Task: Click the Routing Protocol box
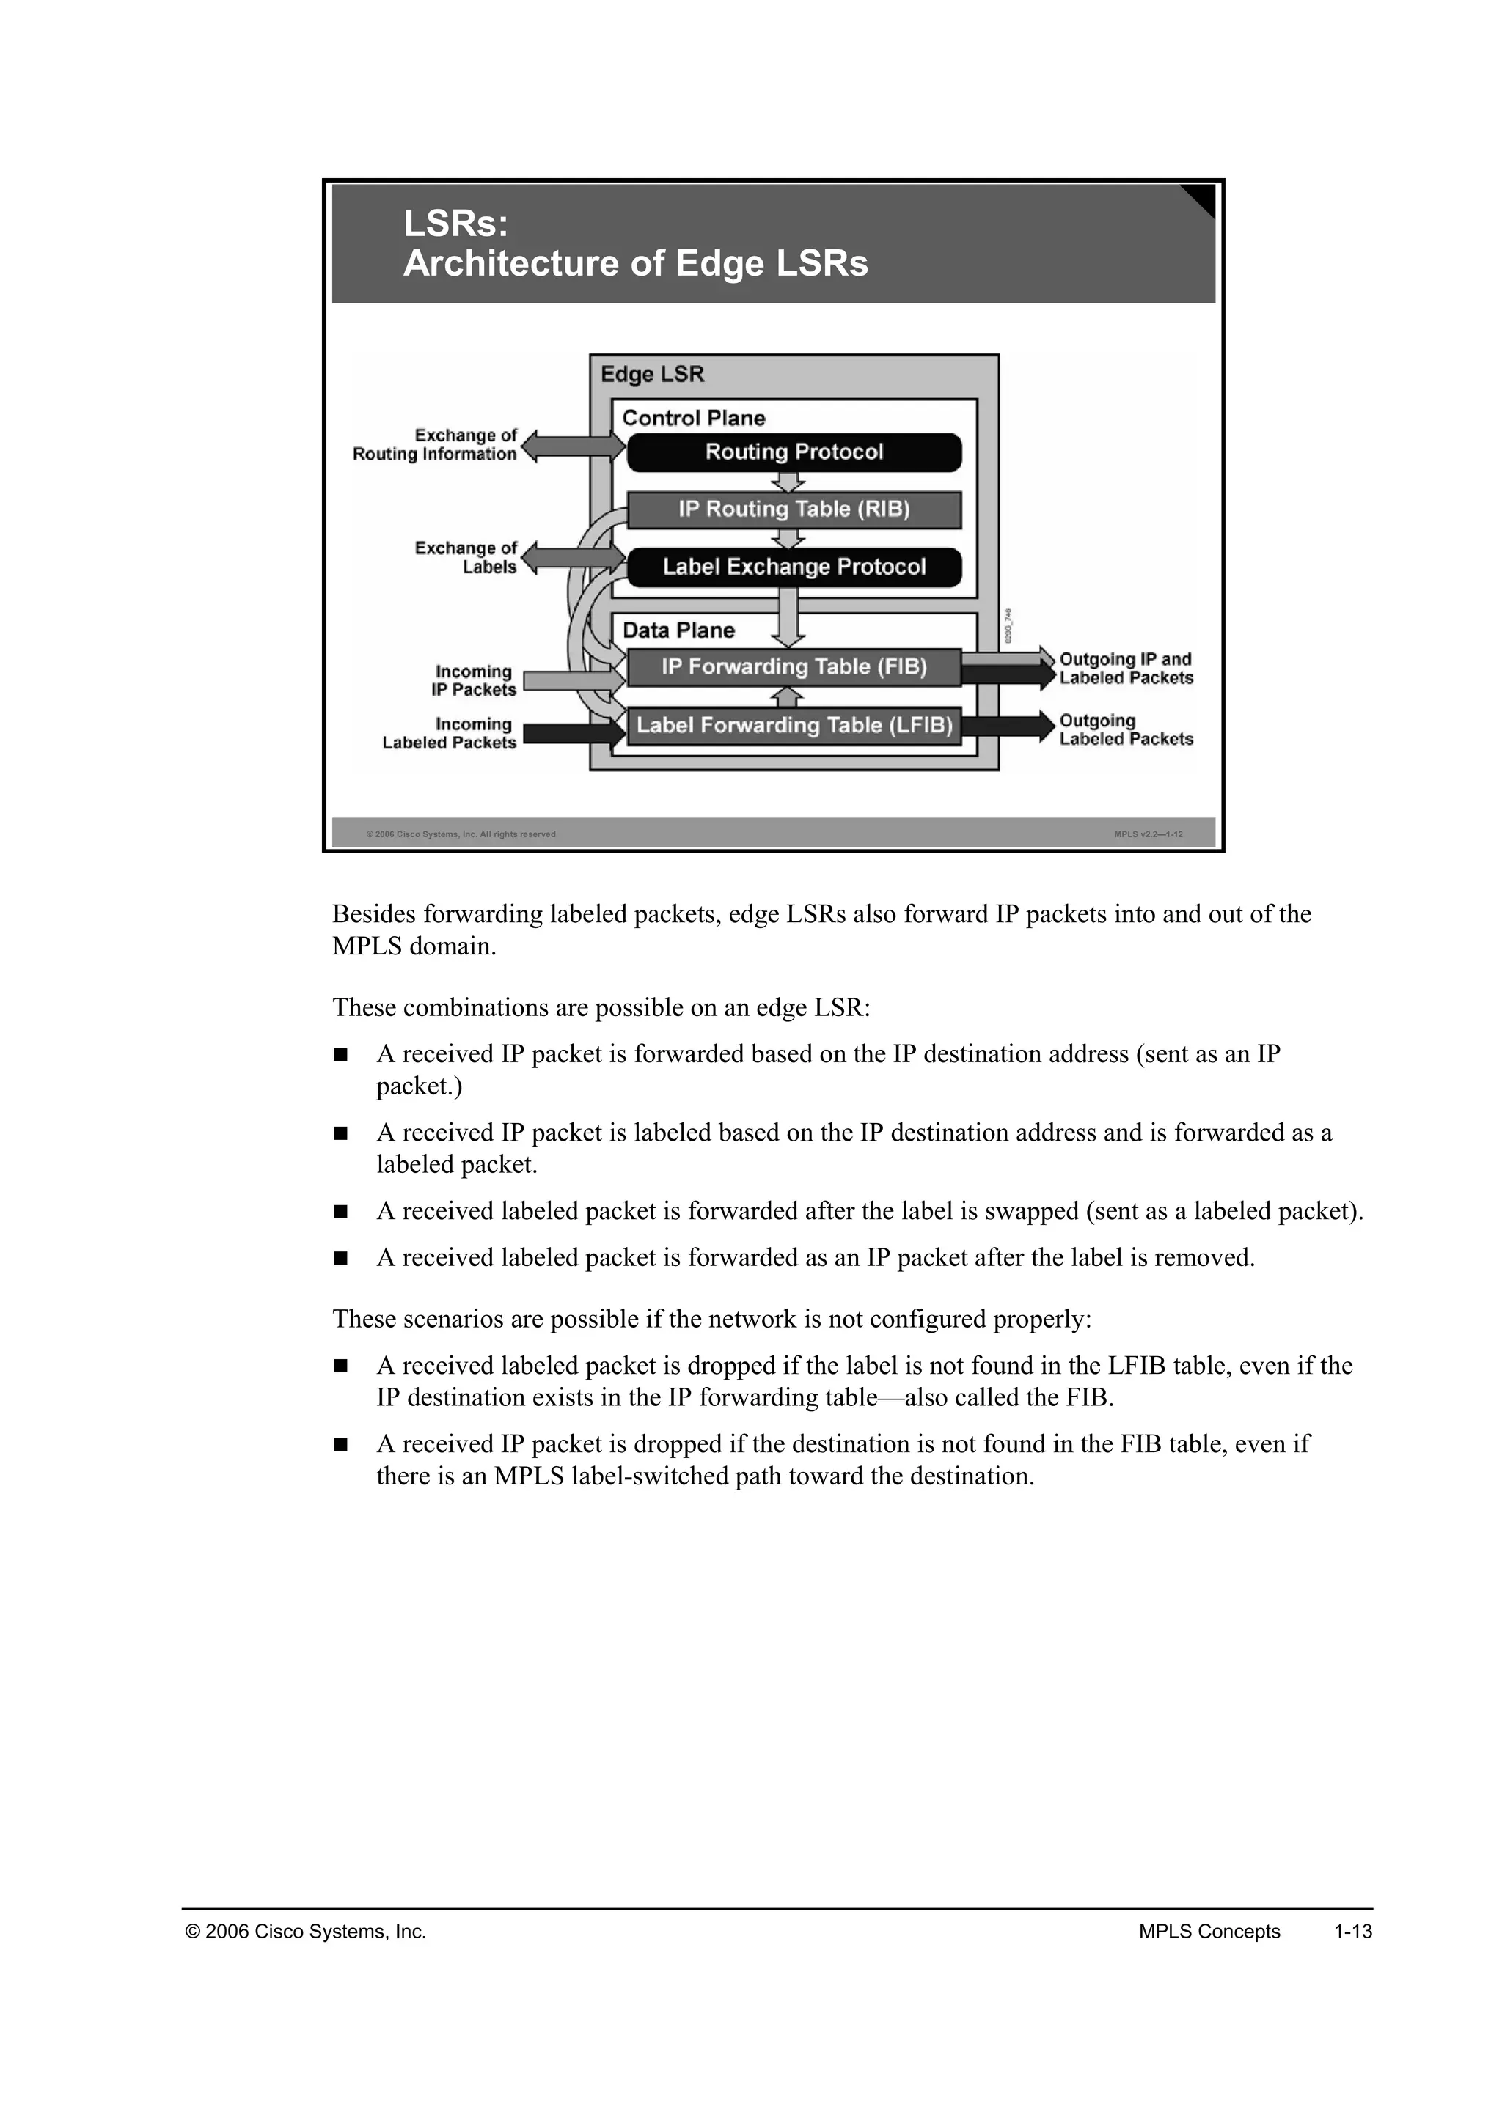pyautogui.click(x=794, y=452)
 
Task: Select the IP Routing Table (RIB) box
pyautogui.click(x=794, y=509)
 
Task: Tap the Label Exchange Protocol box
pyautogui.click(x=794, y=567)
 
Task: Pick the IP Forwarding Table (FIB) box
pyautogui.click(x=794, y=666)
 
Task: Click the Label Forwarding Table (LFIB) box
pyautogui.click(x=794, y=725)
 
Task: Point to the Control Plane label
pyautogui.click(x=693, y=418)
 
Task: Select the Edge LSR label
pyautogui.click(x=652, y=375)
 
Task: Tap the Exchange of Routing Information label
pyautogui.click(x=435, y=445)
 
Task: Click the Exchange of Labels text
pyautogui.click(x=465, y=558)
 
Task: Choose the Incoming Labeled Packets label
pyautogui.click(x=450, y=733)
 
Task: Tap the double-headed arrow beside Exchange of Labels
pyautogui.click(x=574, y=559)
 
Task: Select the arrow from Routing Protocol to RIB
pyautogui.click(x=788, y=482)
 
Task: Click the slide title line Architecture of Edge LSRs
pyautogui.click(x=635, y=263)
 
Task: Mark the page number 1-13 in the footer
pyautogui.click(x=1352, y=1932)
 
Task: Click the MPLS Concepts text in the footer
pyautogui.click(x=1209, y=1932)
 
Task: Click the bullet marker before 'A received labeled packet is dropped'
pyautogui.click(x=340, y=1366)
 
